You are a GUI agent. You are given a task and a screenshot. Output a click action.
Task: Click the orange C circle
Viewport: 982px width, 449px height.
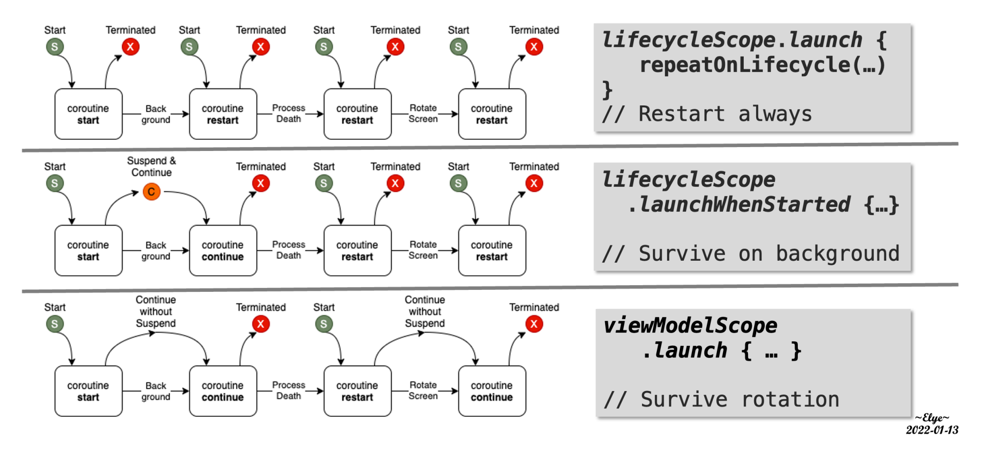coord(152,192)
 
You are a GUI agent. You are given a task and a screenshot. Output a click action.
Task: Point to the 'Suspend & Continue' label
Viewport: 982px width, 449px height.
coord(152,166)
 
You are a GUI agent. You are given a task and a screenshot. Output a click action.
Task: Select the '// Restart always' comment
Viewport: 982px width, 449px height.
coord(707,114)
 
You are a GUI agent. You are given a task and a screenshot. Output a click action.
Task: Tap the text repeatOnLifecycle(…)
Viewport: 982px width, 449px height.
coord(762,65)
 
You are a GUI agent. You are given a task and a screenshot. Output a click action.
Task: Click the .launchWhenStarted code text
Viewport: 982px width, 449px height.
coord(738,205)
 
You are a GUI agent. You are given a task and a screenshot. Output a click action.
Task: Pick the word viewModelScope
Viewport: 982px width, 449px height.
coord(690,325)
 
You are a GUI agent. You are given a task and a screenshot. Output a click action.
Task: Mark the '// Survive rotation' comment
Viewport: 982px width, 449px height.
coord(721,399)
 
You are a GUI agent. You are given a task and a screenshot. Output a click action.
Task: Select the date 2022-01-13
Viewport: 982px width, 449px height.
coord(932,430)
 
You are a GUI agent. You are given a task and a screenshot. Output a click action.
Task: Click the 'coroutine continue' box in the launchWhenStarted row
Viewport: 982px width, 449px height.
coord(223,251)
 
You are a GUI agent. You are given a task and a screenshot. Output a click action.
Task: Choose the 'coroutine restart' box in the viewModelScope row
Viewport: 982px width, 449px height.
coord(357,391)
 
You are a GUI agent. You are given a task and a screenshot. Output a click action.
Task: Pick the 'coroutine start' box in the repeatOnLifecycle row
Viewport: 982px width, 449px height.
coord(88,114)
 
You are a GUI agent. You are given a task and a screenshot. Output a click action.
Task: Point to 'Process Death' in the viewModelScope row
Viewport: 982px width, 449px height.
coord(289,391)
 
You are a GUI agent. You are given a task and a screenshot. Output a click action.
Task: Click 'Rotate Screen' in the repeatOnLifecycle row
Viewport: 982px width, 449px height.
coord(423,114)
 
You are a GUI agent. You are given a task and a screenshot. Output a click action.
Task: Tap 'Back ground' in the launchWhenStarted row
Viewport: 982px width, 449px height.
coord(156,251)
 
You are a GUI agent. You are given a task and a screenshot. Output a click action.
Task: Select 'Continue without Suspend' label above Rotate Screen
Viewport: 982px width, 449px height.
coord(425,311)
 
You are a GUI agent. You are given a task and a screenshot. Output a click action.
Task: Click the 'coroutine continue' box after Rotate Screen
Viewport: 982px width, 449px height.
coord(492,391)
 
